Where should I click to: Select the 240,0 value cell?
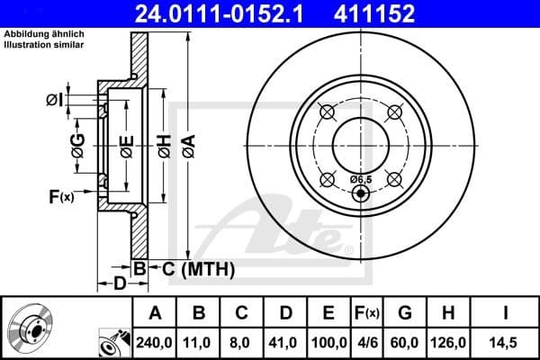tap(155, 342)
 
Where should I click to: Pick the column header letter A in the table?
tap(155, 313)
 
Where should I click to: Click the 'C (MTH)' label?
tap(185, 268)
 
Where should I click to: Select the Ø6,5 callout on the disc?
tap(360, 180)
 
